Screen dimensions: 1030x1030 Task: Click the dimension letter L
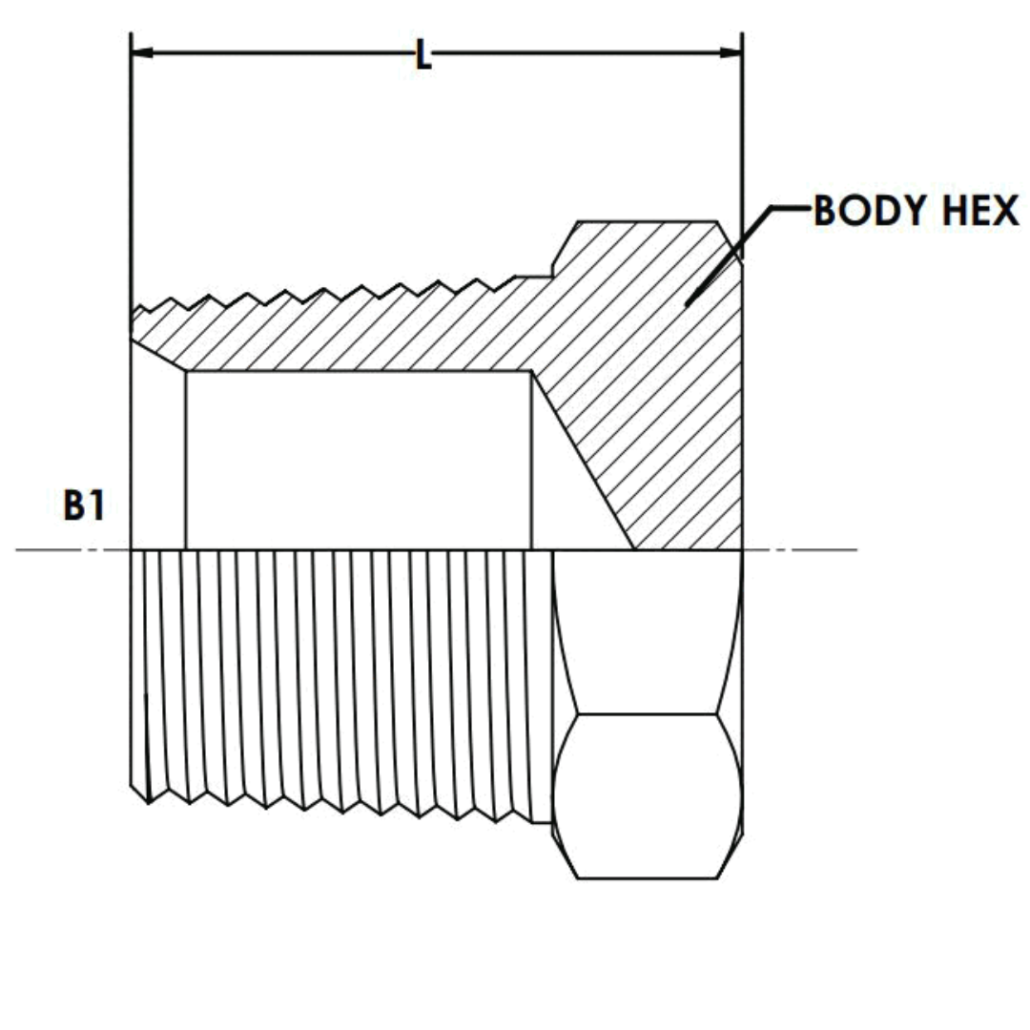click(x=423, y=55)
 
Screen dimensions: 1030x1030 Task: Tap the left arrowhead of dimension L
click(x=142, y=51)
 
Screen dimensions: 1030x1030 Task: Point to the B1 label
click(x=84, y=507)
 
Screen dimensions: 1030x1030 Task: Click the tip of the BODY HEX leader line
click(x=686, y=305)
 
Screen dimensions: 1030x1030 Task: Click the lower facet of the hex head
click(x=649, y=795)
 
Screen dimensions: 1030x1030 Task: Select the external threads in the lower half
click(x=334, y=677)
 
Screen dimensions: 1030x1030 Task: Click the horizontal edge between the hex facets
click(x=649, y=713)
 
